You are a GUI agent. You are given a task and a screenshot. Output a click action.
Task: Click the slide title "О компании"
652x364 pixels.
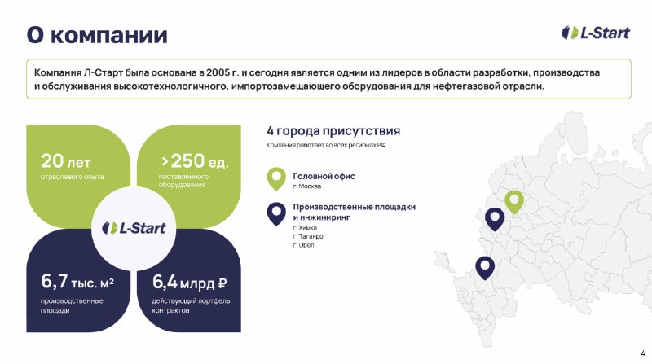[97, 34]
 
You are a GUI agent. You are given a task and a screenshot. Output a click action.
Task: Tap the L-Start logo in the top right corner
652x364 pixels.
[596, 33]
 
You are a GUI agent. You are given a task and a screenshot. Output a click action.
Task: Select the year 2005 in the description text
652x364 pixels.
[218, 72]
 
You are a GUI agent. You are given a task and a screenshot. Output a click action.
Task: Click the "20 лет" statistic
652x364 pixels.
[66, 160]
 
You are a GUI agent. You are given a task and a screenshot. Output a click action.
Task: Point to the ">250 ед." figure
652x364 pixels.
[195, 160]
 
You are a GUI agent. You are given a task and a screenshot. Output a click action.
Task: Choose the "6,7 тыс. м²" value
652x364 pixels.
[77, 282]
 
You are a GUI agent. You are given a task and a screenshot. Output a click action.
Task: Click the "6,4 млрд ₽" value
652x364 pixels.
[190, 282]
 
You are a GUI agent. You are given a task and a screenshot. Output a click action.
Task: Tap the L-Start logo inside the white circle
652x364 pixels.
[134, 228]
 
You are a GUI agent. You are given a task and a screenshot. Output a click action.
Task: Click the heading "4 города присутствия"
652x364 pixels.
[333, 131]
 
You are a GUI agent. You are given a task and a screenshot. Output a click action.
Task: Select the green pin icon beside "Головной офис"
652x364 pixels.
[276, 178]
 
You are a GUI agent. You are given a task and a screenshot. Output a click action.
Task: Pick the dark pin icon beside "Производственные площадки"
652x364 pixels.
[276, 213]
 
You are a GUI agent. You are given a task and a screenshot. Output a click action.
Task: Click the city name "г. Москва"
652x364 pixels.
[307, 186]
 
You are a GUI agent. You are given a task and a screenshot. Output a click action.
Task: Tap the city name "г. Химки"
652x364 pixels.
[305, 228]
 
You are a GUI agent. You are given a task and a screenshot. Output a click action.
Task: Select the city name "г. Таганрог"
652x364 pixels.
[310, 236]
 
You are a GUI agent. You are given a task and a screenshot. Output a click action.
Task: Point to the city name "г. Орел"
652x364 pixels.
[303, 245]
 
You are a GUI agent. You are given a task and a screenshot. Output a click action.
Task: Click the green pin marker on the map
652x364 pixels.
[514, 202]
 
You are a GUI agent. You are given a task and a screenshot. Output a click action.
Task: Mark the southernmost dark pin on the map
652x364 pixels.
[485, 268]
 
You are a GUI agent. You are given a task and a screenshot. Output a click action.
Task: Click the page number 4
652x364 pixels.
[643, 353]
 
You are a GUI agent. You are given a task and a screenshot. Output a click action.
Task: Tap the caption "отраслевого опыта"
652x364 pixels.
[73, 177]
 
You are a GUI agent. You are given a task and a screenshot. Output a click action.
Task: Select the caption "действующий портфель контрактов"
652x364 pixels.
[191, 305]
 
